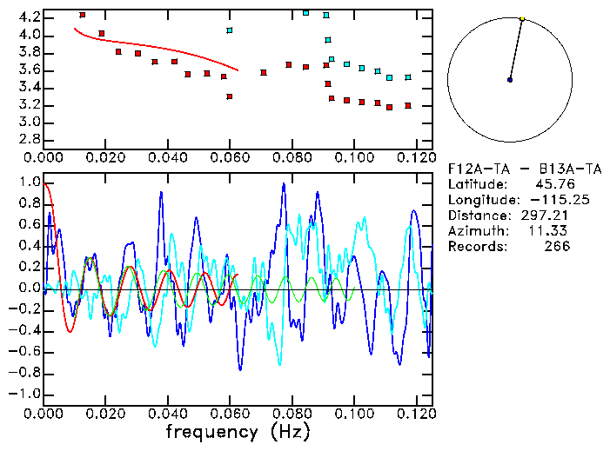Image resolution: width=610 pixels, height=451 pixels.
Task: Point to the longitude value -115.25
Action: coord(540,200)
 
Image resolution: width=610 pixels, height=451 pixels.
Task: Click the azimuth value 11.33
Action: coord(552,231)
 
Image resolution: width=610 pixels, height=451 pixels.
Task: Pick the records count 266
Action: coord(555,247)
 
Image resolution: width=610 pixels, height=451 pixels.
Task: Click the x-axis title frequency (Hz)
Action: coord(238,431)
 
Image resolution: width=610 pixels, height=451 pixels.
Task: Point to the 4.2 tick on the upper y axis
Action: coord(28,17)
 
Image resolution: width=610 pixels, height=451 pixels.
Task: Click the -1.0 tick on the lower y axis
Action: coord(23,394)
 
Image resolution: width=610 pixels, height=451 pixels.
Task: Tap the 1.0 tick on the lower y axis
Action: coord(28,183)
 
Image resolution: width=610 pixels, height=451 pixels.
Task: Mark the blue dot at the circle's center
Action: coord(510,80)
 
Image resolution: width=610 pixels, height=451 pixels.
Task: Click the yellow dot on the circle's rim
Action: coord(522,18)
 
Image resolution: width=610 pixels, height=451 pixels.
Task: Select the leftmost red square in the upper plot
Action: coord(82,15)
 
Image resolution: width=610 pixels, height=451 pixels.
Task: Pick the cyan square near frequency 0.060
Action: coord(230,30)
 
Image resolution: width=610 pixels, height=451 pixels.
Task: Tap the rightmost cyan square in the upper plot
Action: coord(408,77)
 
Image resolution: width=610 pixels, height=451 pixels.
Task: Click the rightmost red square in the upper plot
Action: coord(408,106)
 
